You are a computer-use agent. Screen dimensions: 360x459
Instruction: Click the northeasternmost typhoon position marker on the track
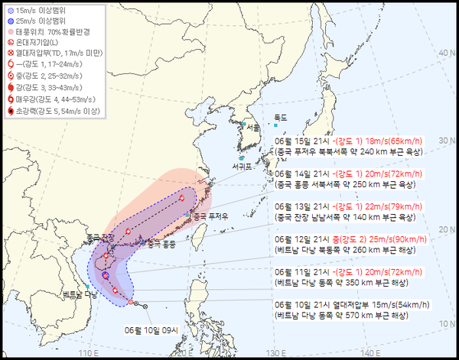183,197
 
